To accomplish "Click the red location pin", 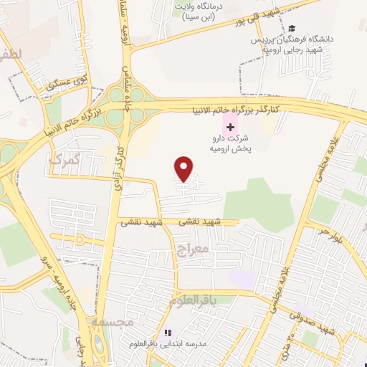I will click(x=184, y=168).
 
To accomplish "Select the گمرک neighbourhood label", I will click(x=65, y=158).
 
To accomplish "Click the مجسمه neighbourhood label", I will click(x=113, y=323).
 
